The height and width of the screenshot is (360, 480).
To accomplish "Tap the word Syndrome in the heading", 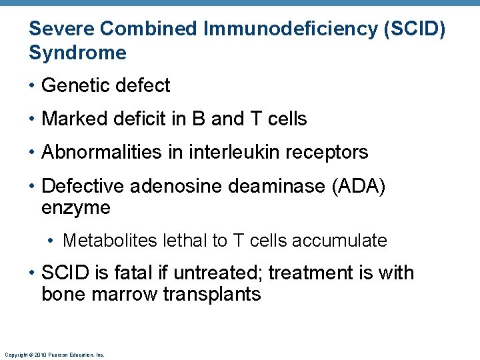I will pyautogui.click(x=77, y=53).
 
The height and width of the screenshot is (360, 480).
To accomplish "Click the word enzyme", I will pyautogui.click(x=76, y=207).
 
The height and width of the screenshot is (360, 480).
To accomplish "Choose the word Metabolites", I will pyautogui.click(x=108, y=241).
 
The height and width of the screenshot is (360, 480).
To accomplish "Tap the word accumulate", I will pyautogui.click(x=341, y=241).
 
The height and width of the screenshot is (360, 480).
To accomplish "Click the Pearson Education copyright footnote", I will pyautogui.click(x=54, y=355).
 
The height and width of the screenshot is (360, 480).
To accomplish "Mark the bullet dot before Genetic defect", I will pyautogui.click(x=33, y=86).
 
